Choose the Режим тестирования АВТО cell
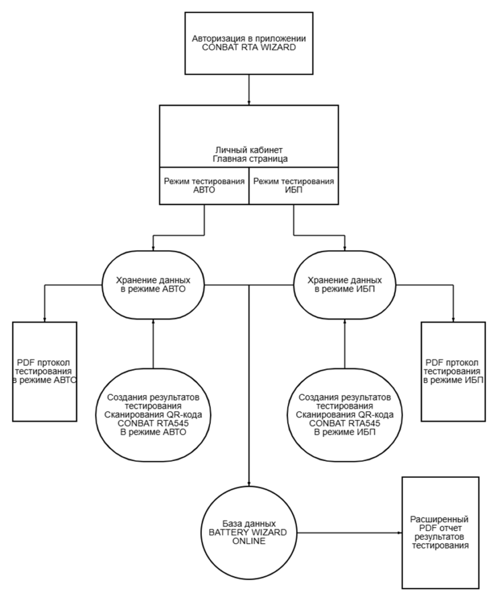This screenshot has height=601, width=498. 204,187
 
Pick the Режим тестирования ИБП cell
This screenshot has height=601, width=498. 294,187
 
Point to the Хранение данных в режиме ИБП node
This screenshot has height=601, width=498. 345,285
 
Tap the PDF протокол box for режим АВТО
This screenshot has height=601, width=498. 46,371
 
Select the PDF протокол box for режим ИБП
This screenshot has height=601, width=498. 452,371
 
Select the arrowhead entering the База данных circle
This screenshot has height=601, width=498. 249,480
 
